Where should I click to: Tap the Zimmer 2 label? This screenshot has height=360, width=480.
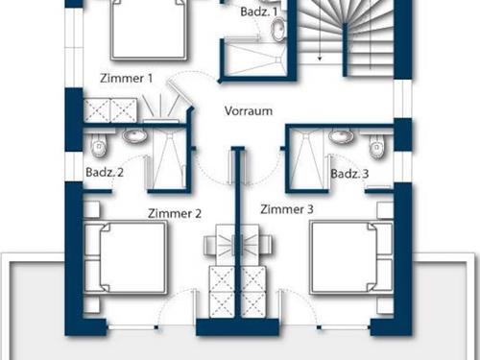point(174,213)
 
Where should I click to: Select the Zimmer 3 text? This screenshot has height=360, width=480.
point(286,208)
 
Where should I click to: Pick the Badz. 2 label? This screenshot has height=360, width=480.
point(106,173)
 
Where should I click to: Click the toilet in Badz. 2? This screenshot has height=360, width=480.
point(98,145)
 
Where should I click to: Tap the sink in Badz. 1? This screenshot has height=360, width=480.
point(276,32)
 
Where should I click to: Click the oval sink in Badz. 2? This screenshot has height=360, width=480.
point(134,137)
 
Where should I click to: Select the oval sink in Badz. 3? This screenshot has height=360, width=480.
point(340,136)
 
